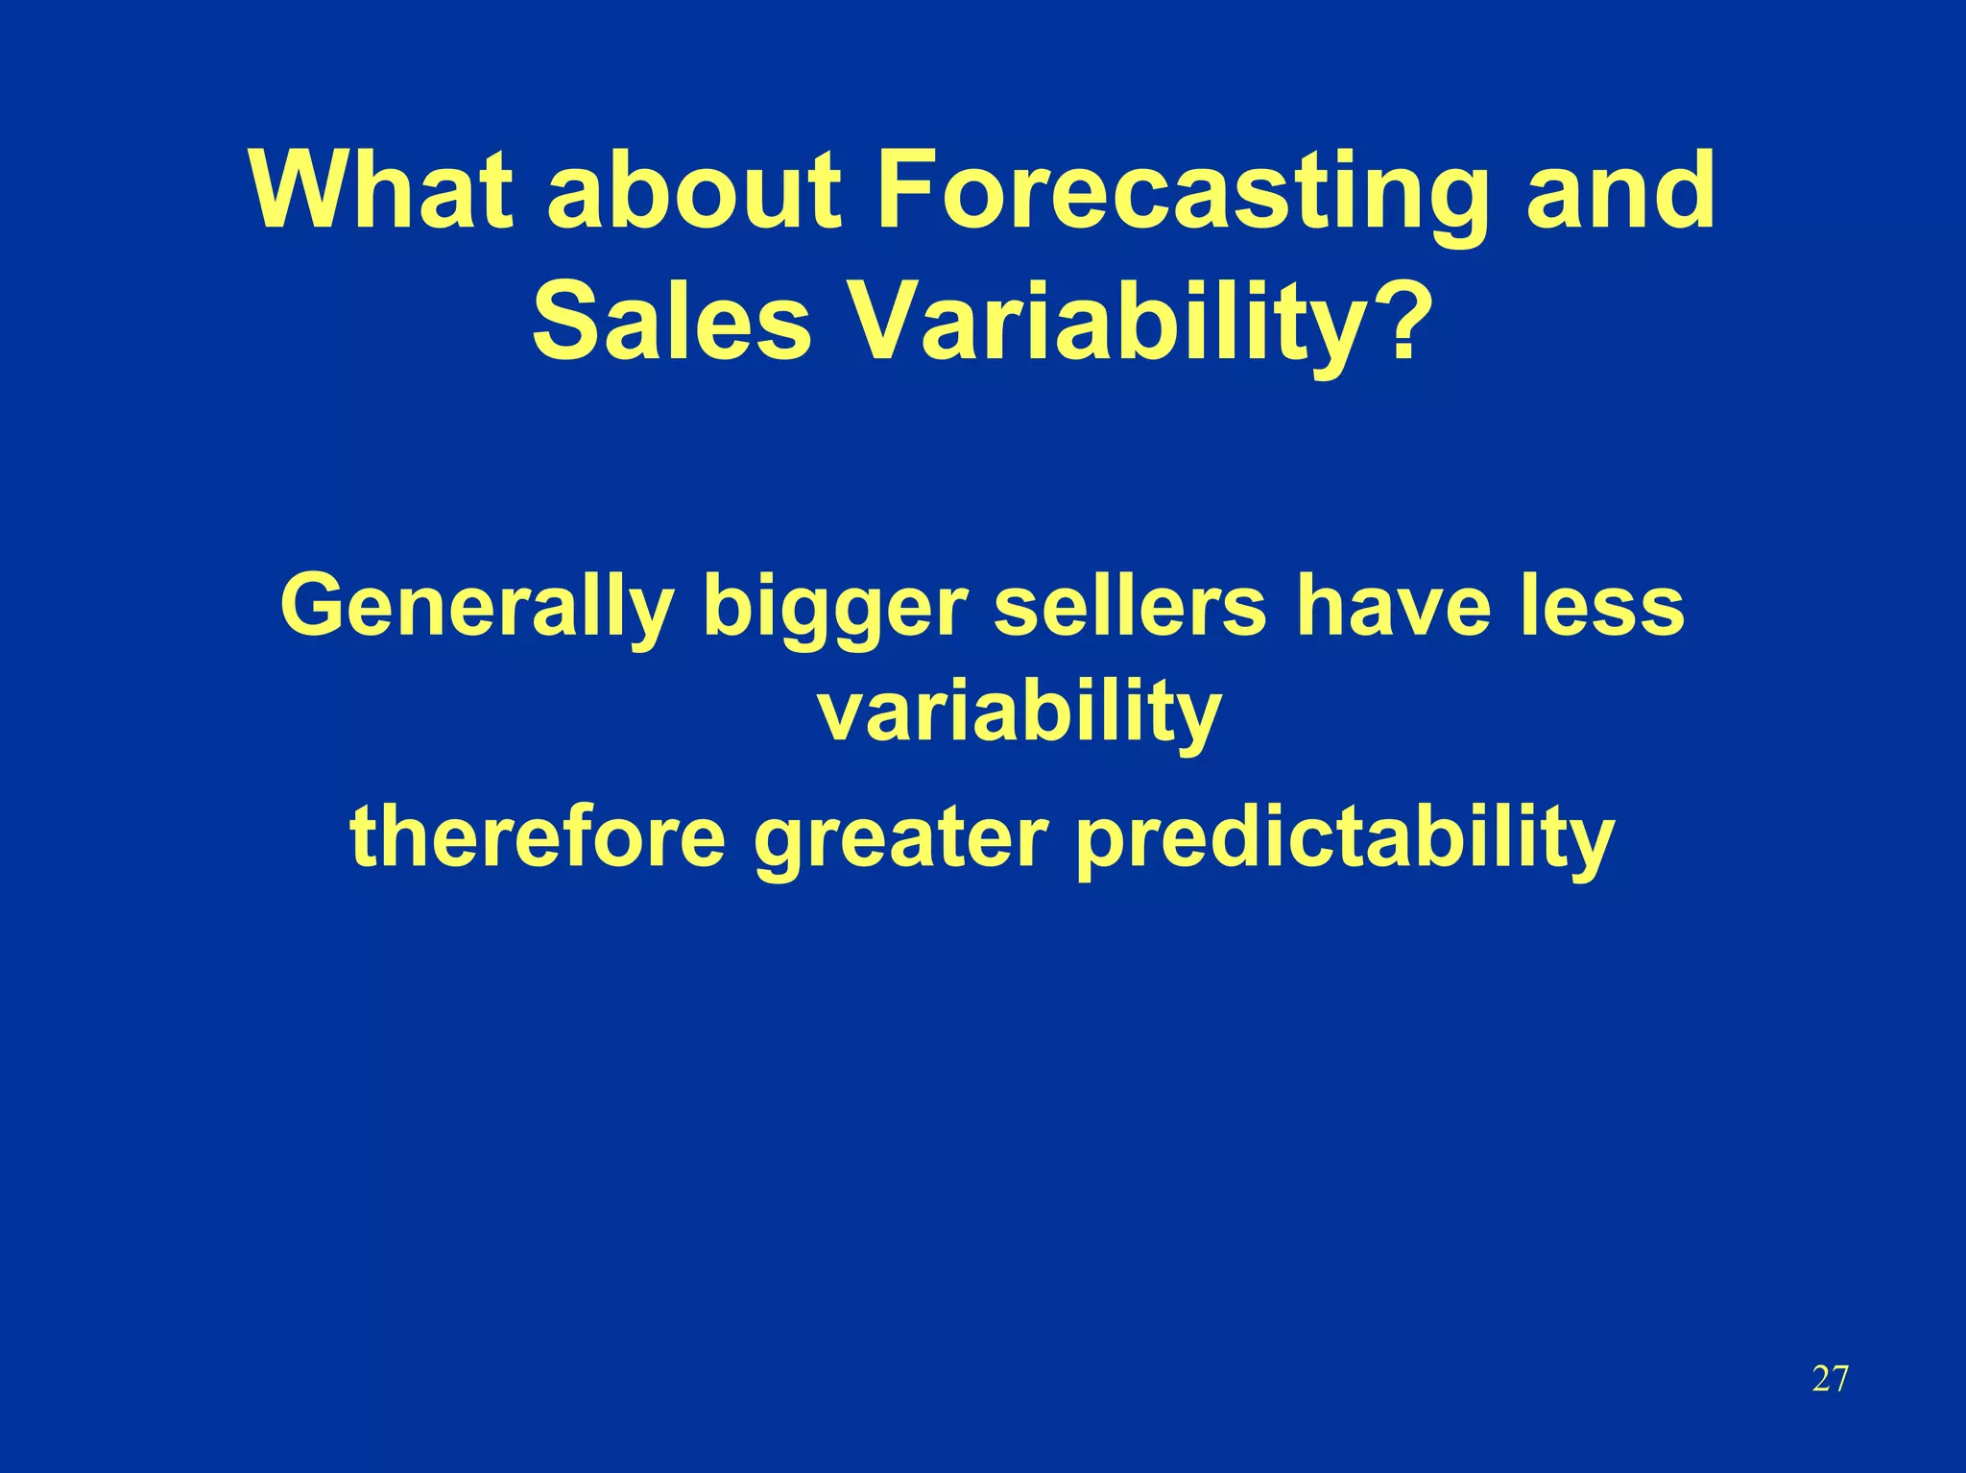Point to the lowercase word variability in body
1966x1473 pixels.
(1019, 713)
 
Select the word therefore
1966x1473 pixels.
(538, 835)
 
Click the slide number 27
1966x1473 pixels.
(1830, 1379)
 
